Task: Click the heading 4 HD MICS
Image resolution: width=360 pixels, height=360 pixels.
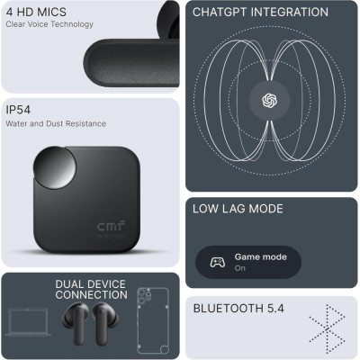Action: point(36,12)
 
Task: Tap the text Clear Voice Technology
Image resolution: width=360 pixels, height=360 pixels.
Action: point(49,24)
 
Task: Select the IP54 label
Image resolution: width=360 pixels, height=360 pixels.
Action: point(18,110)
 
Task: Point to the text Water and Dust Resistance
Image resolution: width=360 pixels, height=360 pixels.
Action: point(56,123)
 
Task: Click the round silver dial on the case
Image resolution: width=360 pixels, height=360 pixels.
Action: point(55,168)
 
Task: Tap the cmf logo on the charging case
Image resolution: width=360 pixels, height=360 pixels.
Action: point(111,227)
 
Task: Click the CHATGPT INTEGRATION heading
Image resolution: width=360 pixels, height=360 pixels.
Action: point(260,12)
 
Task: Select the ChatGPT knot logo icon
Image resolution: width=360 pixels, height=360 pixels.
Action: point(269,100)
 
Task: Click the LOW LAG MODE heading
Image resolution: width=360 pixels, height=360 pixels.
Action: point(238,209)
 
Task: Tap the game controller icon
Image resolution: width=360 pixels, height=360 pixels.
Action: point(218,262)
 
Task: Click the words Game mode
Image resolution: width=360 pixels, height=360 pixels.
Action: point(261,257)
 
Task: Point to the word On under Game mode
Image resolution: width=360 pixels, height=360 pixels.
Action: point(240,268)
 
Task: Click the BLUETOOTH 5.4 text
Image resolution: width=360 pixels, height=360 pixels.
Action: point(238,309)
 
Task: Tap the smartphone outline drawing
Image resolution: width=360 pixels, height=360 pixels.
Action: point(153,320)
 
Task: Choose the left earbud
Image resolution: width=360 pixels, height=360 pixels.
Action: point(75,321)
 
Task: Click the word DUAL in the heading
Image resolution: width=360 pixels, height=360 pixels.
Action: point(68,283)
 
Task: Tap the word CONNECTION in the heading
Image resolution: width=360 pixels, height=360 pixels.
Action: point(92,294)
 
